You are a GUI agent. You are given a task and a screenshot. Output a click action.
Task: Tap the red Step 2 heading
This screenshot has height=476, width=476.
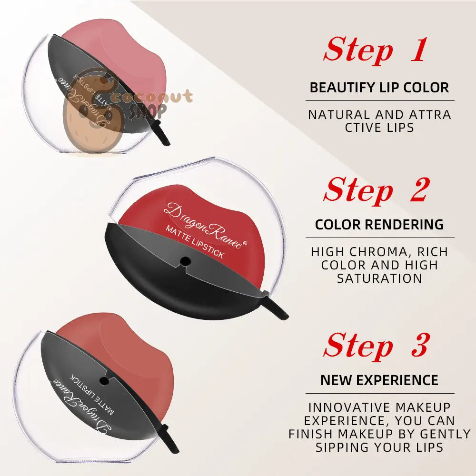pos(375,189)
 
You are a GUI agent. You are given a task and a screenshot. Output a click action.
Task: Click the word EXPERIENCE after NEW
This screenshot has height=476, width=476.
pos(402,380)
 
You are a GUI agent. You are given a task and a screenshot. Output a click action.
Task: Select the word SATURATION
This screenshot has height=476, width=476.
pos(379,278)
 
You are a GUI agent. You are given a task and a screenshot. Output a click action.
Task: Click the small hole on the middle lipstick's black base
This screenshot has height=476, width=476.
pos(186,260)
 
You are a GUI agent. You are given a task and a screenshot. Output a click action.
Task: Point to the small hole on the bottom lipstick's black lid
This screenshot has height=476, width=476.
pos(103,379)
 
